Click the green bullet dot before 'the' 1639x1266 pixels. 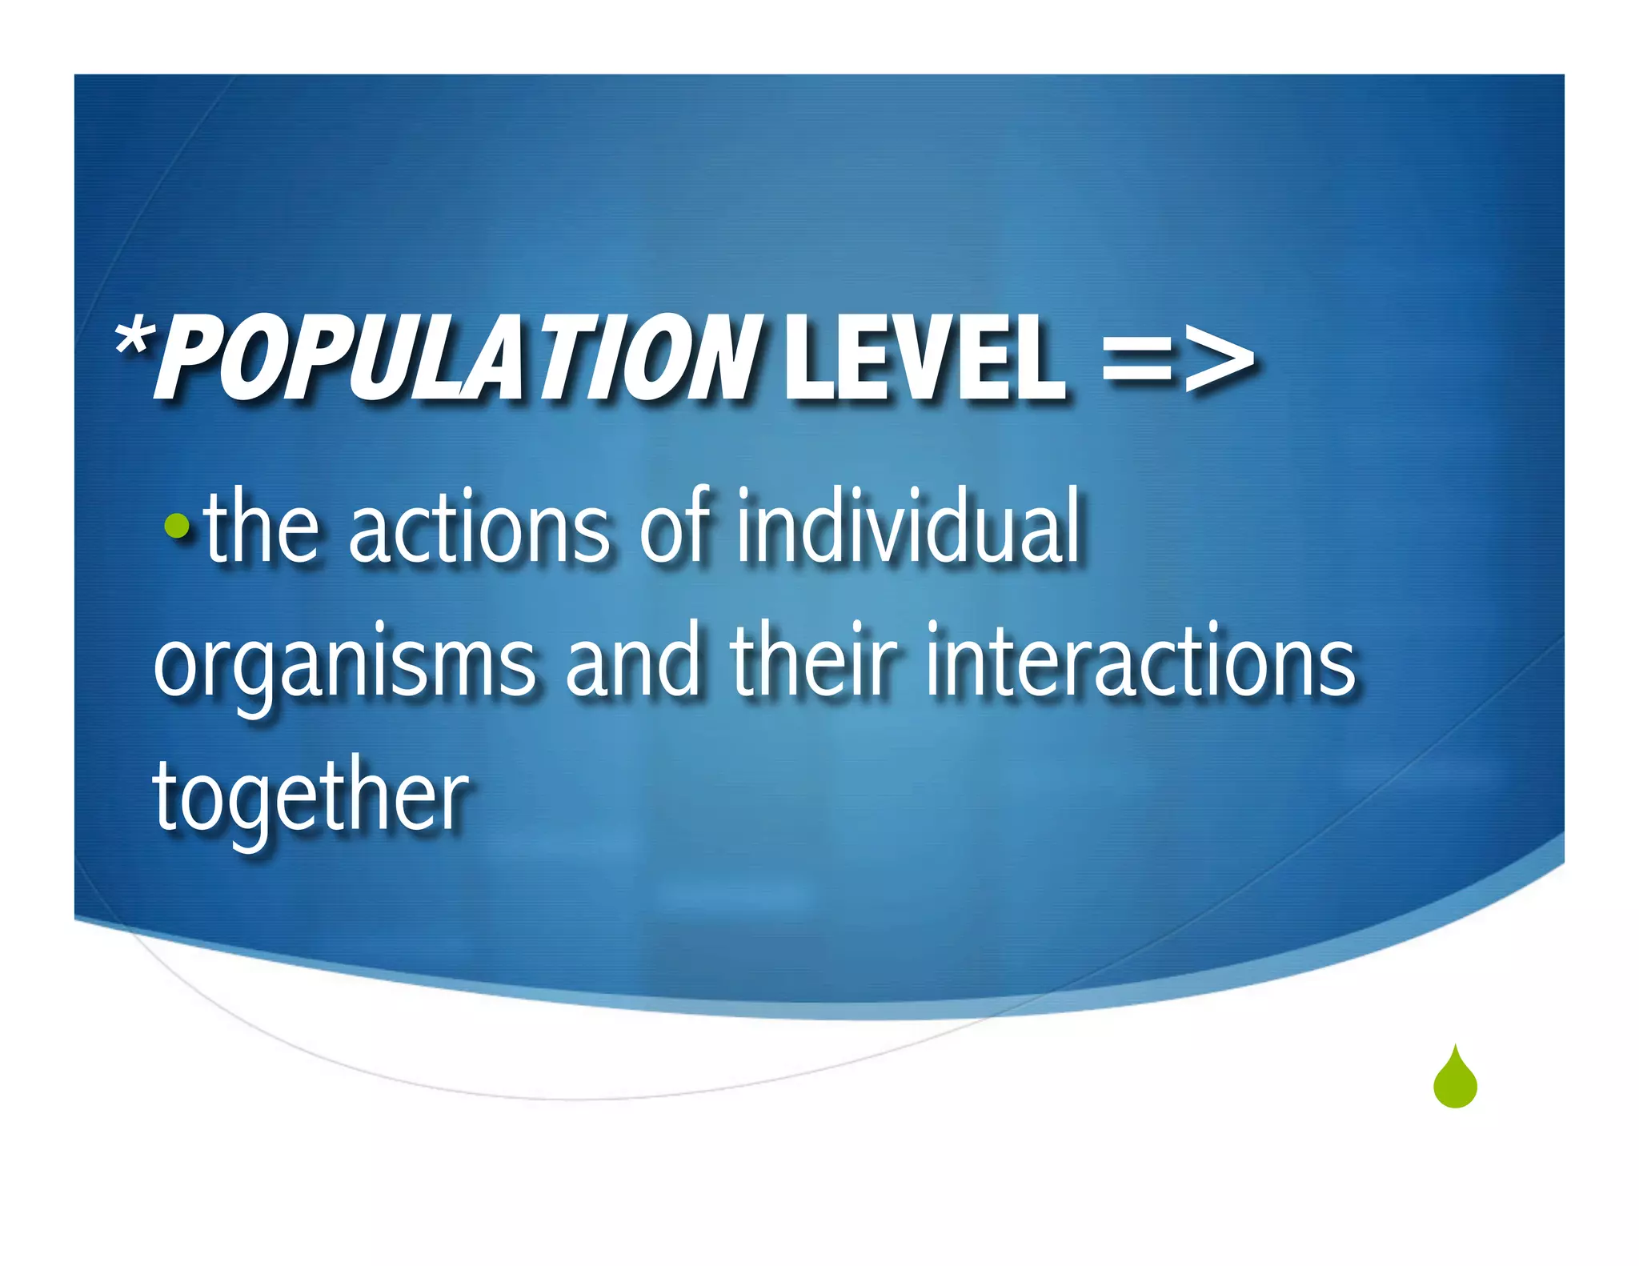176,526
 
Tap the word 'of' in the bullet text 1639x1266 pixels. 675,526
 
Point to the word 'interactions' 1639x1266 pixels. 1140,660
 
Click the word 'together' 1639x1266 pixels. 311,796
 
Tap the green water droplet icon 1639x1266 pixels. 1455,1078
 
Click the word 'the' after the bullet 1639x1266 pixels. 262,526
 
